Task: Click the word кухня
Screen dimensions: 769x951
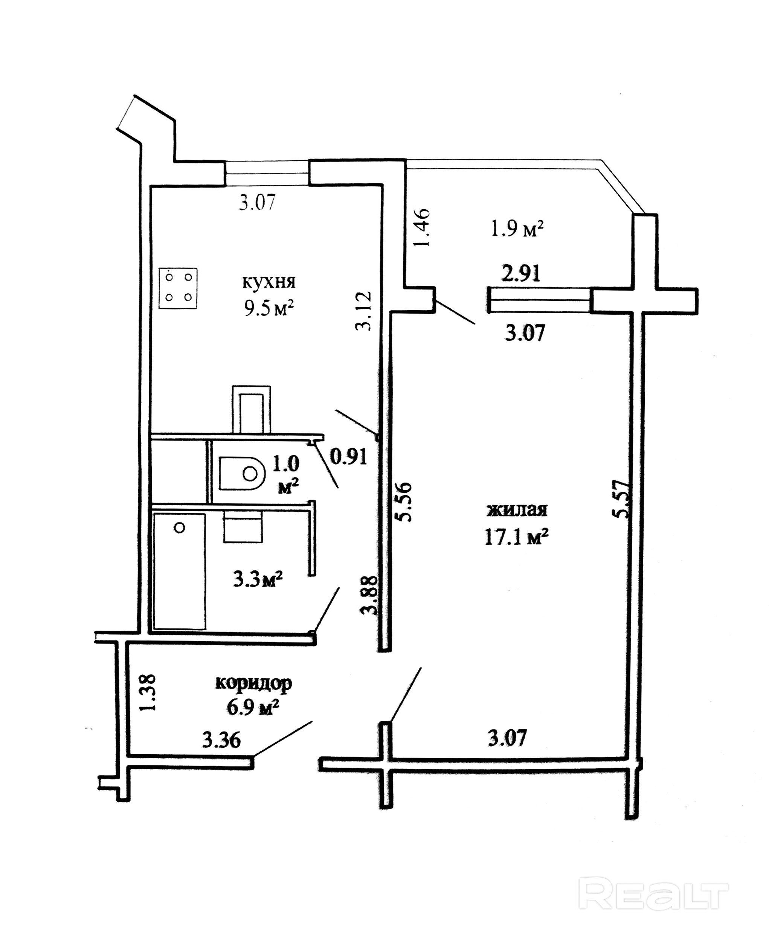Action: (269, 282)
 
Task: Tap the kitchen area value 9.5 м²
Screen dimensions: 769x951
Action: (269, 309)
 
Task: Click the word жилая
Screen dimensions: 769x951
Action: (517, 510)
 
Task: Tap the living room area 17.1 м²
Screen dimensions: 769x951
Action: (517, 538)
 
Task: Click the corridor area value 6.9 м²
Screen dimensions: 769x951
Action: (253, 707)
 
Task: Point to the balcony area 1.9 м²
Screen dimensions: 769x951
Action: (517, 230)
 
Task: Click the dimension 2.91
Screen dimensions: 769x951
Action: (521, 274)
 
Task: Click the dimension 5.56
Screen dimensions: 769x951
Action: (404, 501)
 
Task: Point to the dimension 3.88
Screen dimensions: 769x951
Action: (369, 595)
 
